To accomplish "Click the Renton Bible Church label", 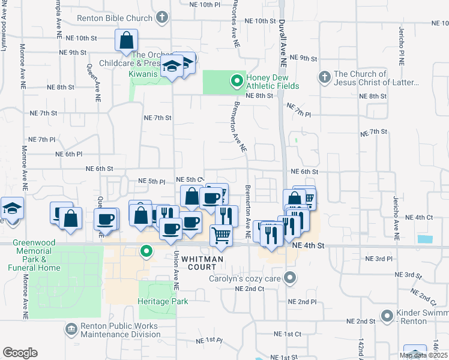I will pyautogui.click(x=115, y=18).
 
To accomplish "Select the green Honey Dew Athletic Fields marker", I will pyautogui.click(x=237, y=79).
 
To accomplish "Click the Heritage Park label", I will pyautogui.click(x=163, y=301).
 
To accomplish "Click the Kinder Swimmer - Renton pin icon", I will pyautogui.click(x=388, y=315).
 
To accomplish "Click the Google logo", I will pyautogui.click(x=20, y=353).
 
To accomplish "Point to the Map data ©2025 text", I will pyautogui.click(x=423, y=355).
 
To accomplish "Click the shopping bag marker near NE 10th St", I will pyautogui.click(x=127, y=41).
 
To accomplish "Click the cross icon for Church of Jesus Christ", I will pyautogui.click(x=324, y=77).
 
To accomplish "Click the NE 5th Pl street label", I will pyautogui.click(x=152, y=181).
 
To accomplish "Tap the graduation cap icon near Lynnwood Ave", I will pyautogui.click(x=12, y=208).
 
